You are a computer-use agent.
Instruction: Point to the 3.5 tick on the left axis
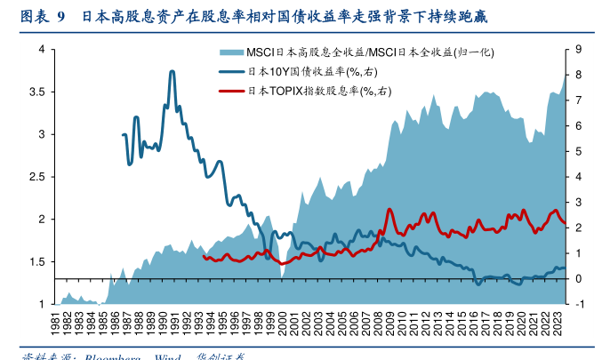36,92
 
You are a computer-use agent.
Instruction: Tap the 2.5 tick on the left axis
36,177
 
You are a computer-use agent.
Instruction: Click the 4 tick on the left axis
41,49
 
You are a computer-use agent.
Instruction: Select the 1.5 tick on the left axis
36,262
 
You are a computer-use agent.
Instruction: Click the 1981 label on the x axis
56,321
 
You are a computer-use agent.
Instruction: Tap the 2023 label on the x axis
558,321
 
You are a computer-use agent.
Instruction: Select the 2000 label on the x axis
283,321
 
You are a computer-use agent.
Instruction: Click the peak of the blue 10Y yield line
172,72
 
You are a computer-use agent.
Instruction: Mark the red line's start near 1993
205,257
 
